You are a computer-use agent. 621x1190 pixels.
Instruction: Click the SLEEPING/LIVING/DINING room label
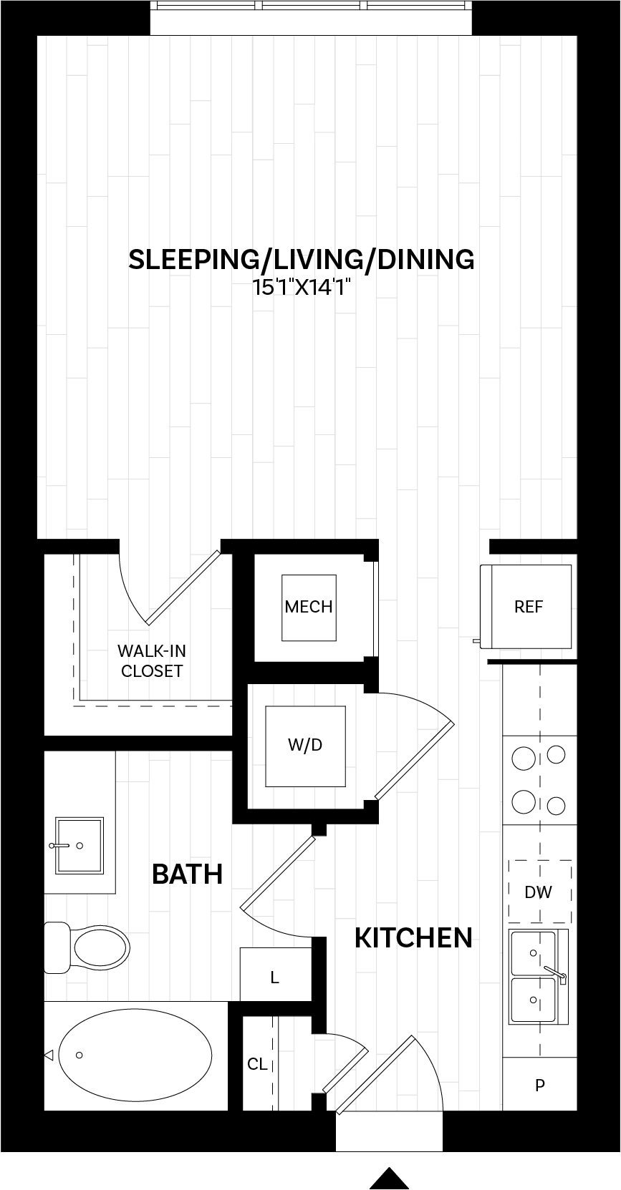301,259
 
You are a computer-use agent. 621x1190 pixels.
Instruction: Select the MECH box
309,607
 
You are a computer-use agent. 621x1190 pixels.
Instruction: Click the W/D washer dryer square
305,745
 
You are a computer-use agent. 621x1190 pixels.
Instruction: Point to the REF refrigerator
529,607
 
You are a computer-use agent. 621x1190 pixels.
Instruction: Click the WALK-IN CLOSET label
152,660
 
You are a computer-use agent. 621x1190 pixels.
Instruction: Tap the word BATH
188,874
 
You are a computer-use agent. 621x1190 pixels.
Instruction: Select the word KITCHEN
413,937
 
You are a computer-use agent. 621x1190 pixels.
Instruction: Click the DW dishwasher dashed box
539,892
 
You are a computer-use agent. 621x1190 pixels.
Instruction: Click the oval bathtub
135,1055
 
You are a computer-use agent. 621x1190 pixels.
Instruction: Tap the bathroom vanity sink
80,846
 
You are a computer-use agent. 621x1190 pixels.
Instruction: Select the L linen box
275,977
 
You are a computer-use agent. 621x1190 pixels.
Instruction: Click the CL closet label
257,1064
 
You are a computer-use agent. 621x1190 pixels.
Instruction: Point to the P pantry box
539,1085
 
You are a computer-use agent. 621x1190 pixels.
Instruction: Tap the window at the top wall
311,16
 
